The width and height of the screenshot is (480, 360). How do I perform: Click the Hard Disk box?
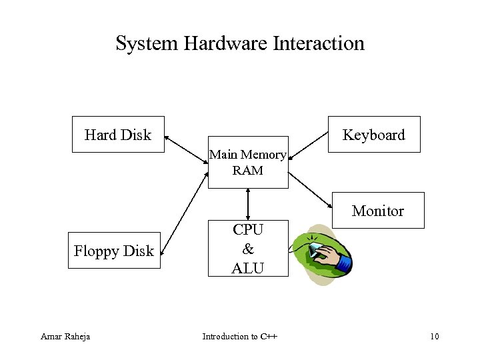[x=118, y=135]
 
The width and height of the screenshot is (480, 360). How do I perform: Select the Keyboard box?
[x=373, y=135]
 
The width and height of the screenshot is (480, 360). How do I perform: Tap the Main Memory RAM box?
[x=248, y=163]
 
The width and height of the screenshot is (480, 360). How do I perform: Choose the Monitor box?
[x=377, y=211]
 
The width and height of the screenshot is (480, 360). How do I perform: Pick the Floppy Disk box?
[x=114, y=251]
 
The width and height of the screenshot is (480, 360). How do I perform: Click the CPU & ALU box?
[x=248, y=249]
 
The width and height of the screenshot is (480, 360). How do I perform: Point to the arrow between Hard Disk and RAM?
[x=186, y=147]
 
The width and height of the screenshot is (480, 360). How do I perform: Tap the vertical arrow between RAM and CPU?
[x=248, y=204]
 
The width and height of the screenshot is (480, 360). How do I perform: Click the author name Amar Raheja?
[x=65, y=336]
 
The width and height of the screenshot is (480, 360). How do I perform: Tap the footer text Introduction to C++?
[x=240, y=336]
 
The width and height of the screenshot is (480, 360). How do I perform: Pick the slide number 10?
[x=434, y=336]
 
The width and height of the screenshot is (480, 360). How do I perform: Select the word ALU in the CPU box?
[x=248, y=268]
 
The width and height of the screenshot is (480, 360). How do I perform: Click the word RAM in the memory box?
[x=248, y=171]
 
